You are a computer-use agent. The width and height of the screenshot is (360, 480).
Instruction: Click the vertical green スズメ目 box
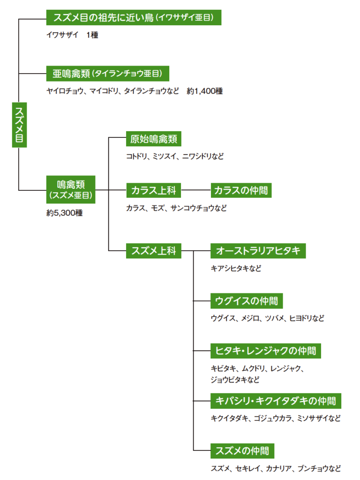click(19, 126)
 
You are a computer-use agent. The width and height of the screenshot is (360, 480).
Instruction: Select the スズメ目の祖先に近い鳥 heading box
click(134, 18)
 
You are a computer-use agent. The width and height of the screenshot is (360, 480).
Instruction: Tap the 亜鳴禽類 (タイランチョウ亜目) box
click(107, 74)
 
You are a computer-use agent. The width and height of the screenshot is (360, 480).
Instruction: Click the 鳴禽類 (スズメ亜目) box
click(71, 189)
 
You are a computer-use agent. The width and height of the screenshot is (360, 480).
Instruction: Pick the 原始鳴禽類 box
click(154, 139)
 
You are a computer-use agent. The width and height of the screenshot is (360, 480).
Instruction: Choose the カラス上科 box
click(154, 191)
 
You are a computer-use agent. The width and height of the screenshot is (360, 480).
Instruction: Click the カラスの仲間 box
click(241, 191)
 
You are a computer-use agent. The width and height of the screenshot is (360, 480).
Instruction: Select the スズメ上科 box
click(154, 251)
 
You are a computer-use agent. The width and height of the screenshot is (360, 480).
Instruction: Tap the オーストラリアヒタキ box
click(258, 251)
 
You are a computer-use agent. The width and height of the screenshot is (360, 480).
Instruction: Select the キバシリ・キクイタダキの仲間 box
click(276, 401)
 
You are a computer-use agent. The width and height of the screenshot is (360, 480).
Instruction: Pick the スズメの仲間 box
click(242, 451)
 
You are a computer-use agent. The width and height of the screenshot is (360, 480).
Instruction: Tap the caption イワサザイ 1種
click(72, 35)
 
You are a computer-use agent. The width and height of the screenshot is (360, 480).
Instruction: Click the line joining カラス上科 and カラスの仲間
click(196, 190)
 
